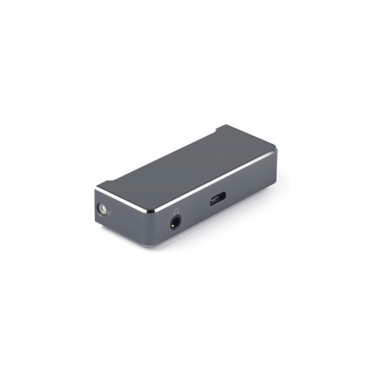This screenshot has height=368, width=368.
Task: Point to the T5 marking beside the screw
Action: pyautogui.click(x=110, y=213)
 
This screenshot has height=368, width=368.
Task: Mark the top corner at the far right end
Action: pyautogui.click(x=275, y=150)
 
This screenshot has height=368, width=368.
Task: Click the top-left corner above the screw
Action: pyautogui.click(x=97, y=190)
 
